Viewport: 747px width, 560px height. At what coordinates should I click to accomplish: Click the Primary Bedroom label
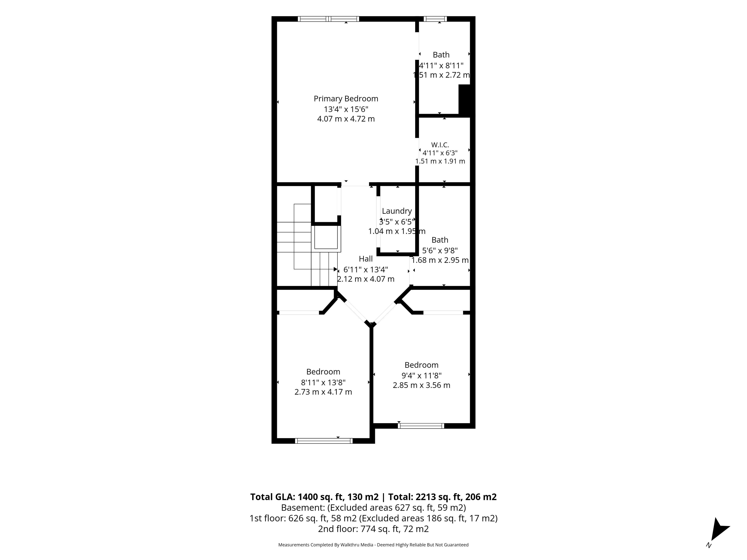pyautogui.click(x=346, y=99)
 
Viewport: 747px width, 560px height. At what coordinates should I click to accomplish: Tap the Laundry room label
pyautogui.click(x=397, y=211)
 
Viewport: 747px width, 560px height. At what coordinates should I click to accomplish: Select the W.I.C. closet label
pyautogui.click(x=440, y=145)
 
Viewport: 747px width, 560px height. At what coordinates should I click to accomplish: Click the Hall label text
pyautogui.click(x=366, y=259)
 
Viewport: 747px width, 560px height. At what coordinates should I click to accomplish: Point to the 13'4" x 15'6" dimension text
pyautogui.click(x=346, y=109)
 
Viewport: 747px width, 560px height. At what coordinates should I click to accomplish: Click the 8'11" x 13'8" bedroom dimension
pyautogui.click(x=323, y=382)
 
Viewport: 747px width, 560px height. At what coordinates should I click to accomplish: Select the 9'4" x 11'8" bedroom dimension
pyautogui.click(x=422, y=375)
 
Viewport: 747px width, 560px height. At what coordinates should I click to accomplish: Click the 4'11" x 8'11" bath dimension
pyautogui.click(x=441, y=66)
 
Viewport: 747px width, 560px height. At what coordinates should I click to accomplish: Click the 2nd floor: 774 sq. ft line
pyautogui.click(x=373, y=529)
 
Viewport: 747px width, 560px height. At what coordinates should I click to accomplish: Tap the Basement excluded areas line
pyautogui.click(x=373, y=508)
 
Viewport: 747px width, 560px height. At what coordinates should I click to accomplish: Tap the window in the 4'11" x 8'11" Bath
pyautogui.click(x=435, y=19)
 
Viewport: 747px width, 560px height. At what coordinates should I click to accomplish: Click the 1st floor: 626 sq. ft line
pyautogui.click(x=373, y=518)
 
